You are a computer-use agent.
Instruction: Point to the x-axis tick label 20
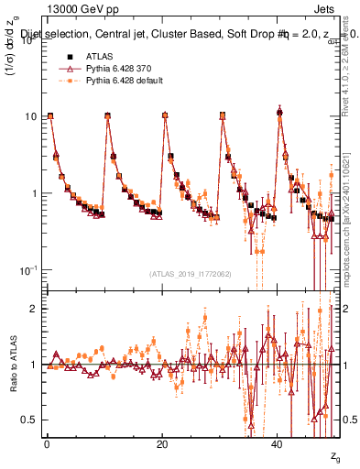[x=161, y=444]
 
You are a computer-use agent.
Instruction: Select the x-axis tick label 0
[x=46, y=444]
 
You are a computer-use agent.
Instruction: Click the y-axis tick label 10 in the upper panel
[x=30, y=116]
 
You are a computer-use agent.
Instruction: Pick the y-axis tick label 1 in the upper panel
[x=34, y=193]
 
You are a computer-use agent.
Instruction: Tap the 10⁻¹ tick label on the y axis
[x=28, y=270]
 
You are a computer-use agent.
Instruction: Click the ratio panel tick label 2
[x=34, y=310]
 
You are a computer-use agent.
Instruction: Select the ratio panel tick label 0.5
[x=30, y=420]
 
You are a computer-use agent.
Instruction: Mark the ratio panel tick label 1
[x=34, y=365]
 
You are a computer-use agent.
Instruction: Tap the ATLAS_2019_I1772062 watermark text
[x=191, y=274]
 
